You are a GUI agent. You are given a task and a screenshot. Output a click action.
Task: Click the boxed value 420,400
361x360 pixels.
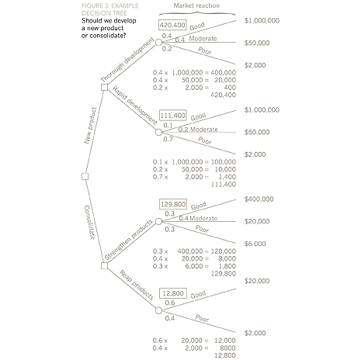[172, 25]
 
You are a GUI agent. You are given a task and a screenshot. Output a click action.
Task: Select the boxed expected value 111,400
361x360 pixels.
[172, 114]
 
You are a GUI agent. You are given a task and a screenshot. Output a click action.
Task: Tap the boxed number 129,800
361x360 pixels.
[172, 204]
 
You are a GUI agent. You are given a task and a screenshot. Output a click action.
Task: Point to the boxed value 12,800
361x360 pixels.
[172, 293]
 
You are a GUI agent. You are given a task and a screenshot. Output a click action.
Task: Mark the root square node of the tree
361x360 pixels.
[84, 177]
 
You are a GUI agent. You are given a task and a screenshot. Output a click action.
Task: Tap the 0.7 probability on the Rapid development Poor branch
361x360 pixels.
[168, 139]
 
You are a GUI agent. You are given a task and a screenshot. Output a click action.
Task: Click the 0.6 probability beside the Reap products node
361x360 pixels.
[169, 303]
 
